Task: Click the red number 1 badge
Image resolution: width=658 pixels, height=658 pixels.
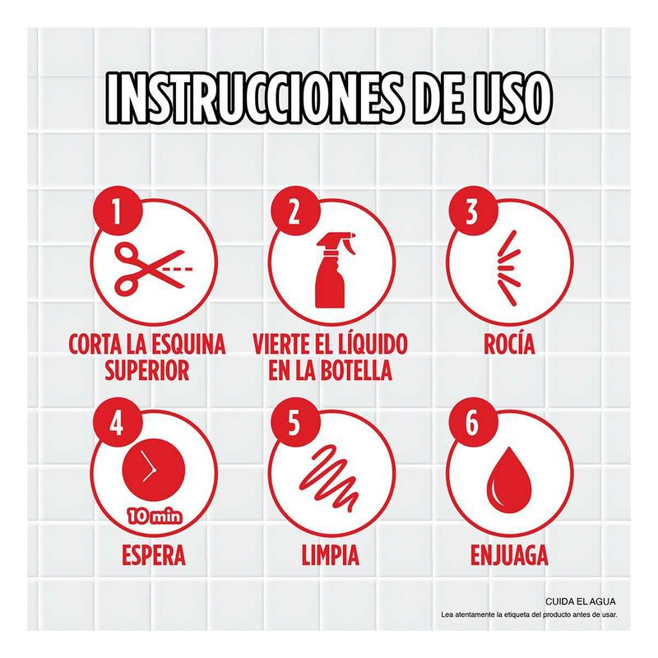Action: [116, 211]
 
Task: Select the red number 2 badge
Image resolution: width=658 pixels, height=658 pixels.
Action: [294, 211]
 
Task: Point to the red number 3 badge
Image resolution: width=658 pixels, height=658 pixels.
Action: [472, 211]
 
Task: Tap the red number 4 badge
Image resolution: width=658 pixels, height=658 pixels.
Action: [116, 422]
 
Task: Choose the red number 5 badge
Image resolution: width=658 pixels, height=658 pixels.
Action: [294, 422]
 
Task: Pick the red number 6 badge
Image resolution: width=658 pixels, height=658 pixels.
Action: [472, 422]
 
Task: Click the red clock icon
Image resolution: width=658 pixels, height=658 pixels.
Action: [154, 471]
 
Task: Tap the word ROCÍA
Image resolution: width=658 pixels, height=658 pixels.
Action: [509, 344]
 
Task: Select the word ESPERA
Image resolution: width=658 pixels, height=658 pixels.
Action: [154, 554]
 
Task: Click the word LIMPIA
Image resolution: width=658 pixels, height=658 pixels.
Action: [331, 554]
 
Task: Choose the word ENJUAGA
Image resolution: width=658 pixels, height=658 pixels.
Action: [509, 554]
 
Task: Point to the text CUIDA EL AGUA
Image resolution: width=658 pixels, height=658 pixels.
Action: [581, 601]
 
